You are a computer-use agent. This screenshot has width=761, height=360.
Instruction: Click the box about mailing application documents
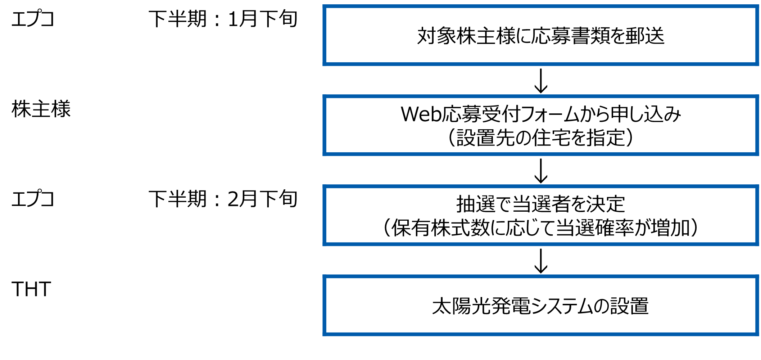[540, 36]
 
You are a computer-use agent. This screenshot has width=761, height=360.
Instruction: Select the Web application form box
[540, 125]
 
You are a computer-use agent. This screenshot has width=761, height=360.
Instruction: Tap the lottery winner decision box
[540, 215]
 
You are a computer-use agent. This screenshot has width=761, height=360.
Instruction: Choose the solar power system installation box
[540, 306]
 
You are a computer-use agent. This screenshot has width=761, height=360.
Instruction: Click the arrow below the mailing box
[541, 81]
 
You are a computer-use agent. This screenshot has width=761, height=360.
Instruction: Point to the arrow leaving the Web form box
[541, 171]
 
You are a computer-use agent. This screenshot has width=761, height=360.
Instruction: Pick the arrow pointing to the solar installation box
[541, 261]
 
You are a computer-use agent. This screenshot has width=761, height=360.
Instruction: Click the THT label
[31, 289]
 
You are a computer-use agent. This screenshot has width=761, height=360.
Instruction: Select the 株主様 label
[41, 109]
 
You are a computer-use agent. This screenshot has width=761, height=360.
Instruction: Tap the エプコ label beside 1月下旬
[33, 19]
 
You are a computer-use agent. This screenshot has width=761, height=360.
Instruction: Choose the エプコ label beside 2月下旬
[33, 199]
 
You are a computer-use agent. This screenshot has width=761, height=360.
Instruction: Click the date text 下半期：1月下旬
[223, 19]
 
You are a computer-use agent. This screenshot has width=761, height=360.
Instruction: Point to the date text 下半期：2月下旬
[223, 199]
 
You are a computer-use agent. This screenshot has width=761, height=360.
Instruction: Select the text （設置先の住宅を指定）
[540, 138]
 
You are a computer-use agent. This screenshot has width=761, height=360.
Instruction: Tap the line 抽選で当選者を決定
[540, 204]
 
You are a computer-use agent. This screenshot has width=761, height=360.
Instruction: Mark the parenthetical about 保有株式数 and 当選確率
[540, 228]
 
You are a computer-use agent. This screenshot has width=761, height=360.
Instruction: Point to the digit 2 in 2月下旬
[234, 199]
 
